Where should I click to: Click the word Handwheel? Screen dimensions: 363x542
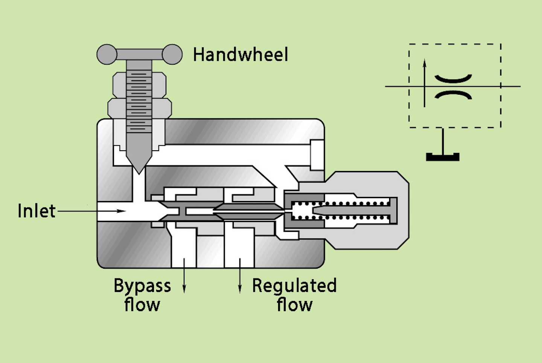pyautogui.click(x=241, y=55)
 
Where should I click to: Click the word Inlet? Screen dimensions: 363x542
pyautogui.click(x=37, y=211)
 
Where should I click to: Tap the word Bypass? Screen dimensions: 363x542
pyautogui.click(x=142, y=286)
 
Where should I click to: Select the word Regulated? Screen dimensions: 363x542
pyautogui.click(x=294, y=286)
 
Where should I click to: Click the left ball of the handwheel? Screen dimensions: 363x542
pyautogui.click(x=107, y=54)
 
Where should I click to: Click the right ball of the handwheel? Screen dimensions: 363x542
pyautogui.click(x=172, y=54)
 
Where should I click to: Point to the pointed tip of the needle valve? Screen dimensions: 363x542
pyautogui.click(x=139, y=171)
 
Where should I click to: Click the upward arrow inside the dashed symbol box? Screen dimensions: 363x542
pyautogui.click(x=425, y=64)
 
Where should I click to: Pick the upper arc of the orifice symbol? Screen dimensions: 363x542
pyautogui.click(x=453, y=79)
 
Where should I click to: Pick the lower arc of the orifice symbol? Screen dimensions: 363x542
pyautogui.click(x=453, y=94)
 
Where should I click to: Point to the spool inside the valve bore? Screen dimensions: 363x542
pyautogui.click(x=222, y=212)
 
